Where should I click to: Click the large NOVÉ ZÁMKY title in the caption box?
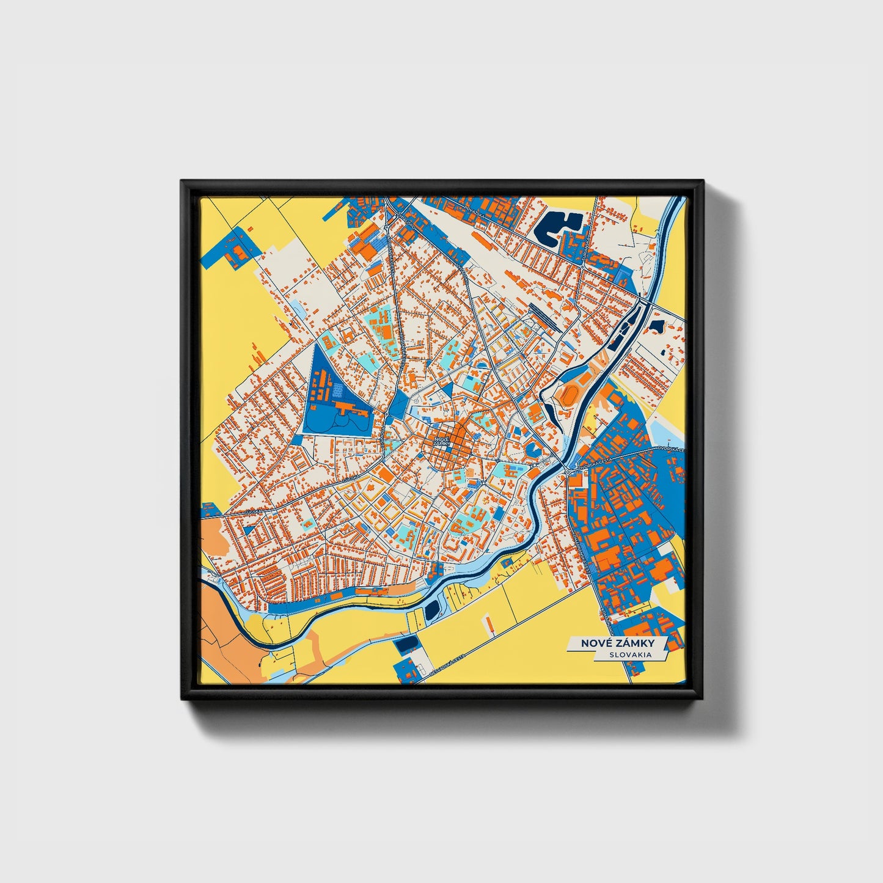tap(617, 643)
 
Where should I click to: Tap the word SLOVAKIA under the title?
tap(629, 654)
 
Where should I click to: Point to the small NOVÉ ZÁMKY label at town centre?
tap(441, 441)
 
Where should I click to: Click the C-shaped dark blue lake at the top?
tap(556, 227)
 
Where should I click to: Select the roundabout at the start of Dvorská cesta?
tap(568, 472)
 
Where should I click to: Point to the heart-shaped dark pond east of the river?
tap(657, 326)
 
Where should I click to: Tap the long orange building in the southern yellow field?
tap(489, 623)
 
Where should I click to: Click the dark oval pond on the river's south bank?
tap(433, 608)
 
